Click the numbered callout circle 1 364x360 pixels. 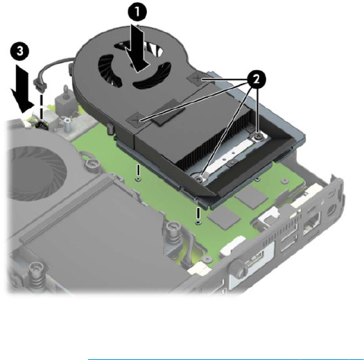(137, 12)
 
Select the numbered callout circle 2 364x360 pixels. (257, 80)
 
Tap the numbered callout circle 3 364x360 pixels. (20, 51)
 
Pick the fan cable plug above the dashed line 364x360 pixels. (40, 84)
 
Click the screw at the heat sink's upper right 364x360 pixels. (258, 137)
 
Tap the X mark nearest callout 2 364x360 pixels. (198, 79)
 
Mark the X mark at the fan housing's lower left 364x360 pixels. (137, 120)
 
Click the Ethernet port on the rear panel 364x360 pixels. (311, 223)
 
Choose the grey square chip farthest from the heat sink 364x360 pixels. (224, 216)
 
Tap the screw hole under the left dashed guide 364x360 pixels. (138, 179)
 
